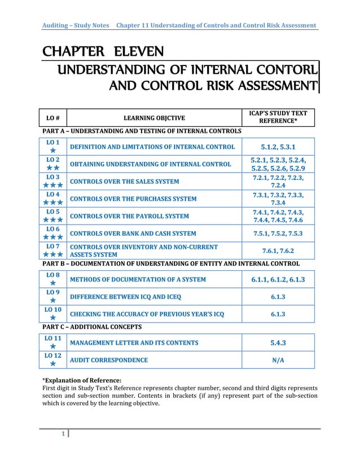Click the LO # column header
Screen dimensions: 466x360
coord(52,117)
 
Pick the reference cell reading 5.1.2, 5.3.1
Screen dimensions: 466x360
coord(277,147)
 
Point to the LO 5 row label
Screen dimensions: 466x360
coord(52,212)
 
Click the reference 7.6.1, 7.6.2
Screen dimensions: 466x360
coord(277,250)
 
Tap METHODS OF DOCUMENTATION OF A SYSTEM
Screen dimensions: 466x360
coord(137,279)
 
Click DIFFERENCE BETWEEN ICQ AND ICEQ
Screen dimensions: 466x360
coord(125,297)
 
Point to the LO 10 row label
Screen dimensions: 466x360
coord(52,310)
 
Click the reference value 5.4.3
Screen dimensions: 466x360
coord(277,342)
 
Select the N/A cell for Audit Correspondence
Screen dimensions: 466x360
coord(277,360)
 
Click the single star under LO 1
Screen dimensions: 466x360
coord(52,151)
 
